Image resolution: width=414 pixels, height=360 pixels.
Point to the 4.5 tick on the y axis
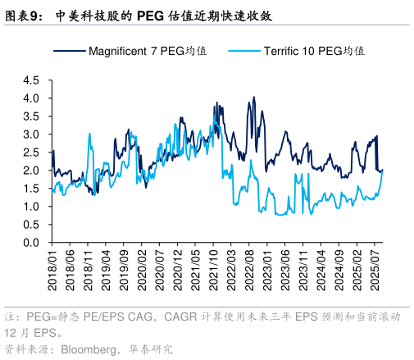coord(31,80)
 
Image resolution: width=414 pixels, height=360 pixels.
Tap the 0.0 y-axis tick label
coord(31,243)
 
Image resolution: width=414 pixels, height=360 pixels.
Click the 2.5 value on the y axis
coord(31,153)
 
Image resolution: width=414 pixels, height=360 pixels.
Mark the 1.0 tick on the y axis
coord(31,207)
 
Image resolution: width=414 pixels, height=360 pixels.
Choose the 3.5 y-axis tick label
coord(31,116)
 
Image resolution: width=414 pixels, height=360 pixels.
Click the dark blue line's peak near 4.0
coord(254,98)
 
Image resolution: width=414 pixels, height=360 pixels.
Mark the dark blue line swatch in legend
coord(69,51)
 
